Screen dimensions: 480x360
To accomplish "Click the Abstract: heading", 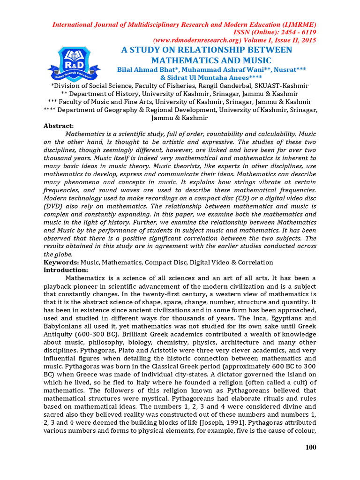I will pos(59,126).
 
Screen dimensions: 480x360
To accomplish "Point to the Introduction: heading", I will pos(66,270).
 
